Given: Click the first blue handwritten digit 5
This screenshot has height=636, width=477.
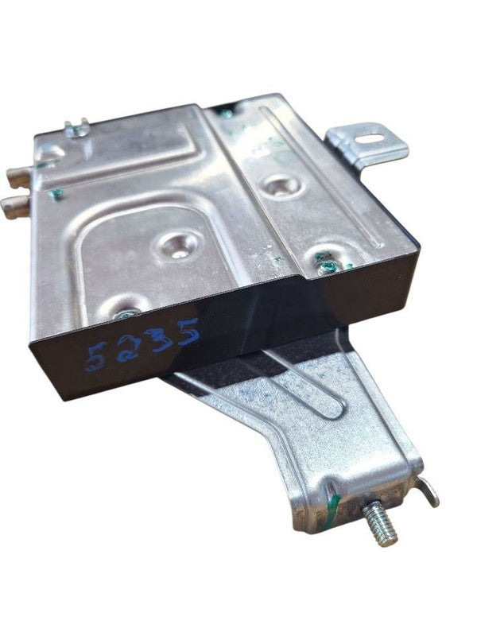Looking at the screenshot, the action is pyautogui.click(x=96, y=357).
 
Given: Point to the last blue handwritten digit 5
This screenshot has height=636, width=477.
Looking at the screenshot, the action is pyautogui.click(x=188, y=331).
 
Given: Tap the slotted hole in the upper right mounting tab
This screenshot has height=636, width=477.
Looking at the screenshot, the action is pyautogui.click(x=370, y=138).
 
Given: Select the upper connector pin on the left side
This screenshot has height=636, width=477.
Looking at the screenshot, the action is pyautogui.click(x=19, y=177).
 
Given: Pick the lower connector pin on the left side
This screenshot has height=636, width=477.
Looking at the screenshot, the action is pyautogui.click(x=15, y=205).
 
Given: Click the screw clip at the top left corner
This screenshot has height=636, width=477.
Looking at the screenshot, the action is pyautogui.click(x=77, y=128).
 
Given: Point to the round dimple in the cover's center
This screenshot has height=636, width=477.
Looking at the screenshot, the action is pyautogui.click(x=179, y=246).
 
